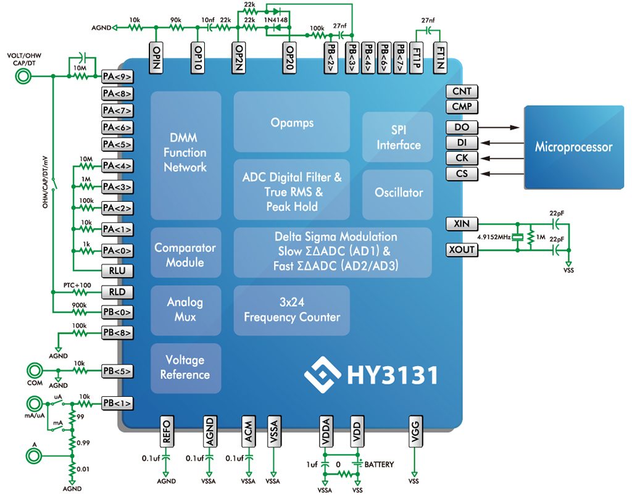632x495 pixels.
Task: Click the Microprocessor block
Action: click(x=574, y=147)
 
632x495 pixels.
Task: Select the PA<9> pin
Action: click(x=117, y=77)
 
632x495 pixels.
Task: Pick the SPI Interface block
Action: click(x=398, y=137)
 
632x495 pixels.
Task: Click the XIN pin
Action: click(x=462, y=223)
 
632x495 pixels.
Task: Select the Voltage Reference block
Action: click(x=186, y=368)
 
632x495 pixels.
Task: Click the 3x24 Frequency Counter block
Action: click(x=292, y=310)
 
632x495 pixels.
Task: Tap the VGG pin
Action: click(x=415, y=431)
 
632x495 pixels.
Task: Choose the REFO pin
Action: click(x=166, y=431)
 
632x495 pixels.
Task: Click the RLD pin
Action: click(x=117, y=292)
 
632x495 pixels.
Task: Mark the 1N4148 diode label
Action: click(x=276, y=20)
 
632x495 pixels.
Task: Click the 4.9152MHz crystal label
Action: click(x=494, y=237)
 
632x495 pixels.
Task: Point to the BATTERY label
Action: click(x=379, y=465)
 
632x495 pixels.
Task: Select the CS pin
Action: click(x=462, y=173)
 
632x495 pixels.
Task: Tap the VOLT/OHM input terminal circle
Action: click(x=23, y=76)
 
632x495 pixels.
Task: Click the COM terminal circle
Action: click(x=35, y=370)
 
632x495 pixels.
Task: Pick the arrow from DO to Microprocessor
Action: click(x=499, y=127)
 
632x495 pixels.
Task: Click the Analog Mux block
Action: click(x=186, y=310)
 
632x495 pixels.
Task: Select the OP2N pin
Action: click(x=238, y=57)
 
